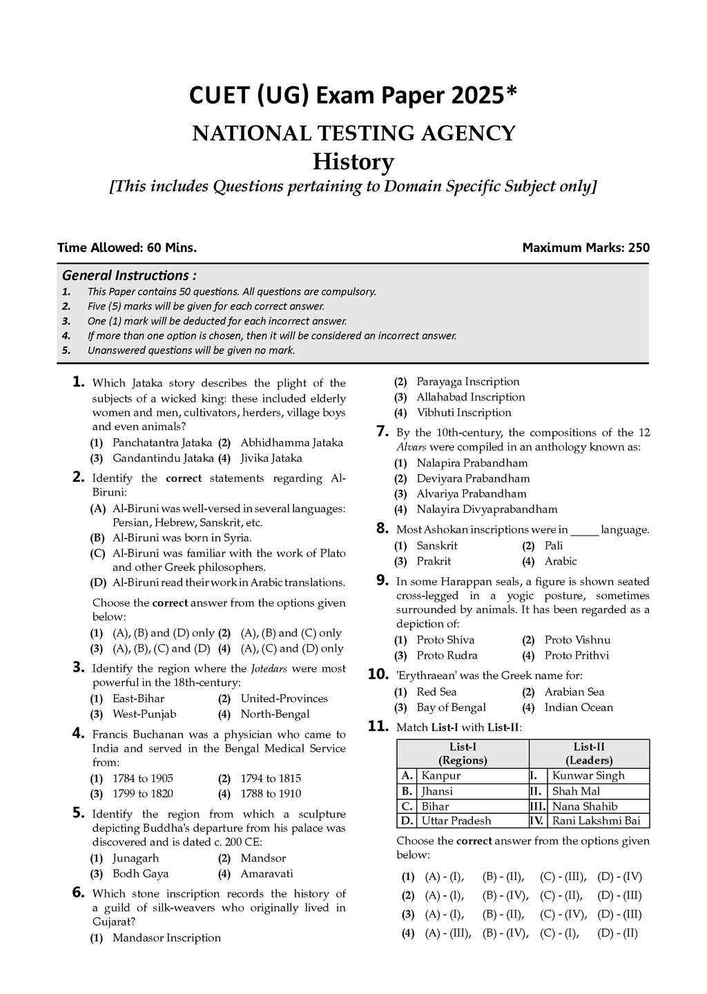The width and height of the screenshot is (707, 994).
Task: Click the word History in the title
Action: (x=353, y=162)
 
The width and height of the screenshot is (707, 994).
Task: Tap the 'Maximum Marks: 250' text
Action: (x=585, y=248)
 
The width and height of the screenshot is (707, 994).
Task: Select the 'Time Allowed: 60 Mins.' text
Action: (x=127, y=248)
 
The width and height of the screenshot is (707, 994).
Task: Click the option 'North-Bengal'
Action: (x=275, y=714)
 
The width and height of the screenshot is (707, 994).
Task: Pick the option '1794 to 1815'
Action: (x=271, y=778)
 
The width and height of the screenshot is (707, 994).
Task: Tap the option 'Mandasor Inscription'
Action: (x=166, y=937)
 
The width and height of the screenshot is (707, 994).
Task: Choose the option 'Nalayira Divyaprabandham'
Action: (x=487, y=509)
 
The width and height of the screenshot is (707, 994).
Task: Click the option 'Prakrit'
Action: (x=434, y=561)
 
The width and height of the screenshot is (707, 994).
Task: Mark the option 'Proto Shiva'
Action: (x=445, y=640)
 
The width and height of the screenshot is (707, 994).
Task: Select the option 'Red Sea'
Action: (x=436, y=692)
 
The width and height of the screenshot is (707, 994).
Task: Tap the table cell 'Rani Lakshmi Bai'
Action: (x=596, y=821)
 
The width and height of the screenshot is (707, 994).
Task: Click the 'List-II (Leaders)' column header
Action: (x=589, y=753)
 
